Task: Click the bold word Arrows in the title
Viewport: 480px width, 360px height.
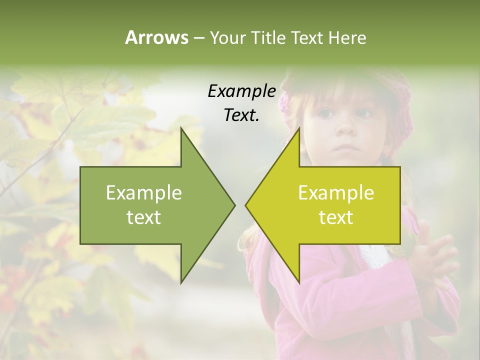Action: (x=156, y=37)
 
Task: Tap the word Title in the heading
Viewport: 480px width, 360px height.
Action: (x=269, y=37)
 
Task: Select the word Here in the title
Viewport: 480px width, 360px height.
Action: (x=347, y=37)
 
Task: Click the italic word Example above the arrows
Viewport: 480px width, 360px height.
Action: (x=242, y=91)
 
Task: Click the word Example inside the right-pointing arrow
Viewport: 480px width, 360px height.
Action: (x=144, y=193)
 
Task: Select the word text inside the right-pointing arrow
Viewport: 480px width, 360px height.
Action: (x=144, y=217)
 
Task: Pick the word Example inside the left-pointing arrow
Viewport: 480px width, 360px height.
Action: (x=336, y=193)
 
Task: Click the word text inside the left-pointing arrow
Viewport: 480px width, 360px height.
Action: (x=336, y=217)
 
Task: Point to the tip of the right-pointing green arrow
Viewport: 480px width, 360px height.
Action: (x=234, y=205)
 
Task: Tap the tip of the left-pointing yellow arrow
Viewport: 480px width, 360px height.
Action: (x=246, y=205)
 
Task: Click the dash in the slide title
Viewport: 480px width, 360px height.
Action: (x=198, y=38)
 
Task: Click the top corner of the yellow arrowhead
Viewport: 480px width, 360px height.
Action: (x=299, y=128)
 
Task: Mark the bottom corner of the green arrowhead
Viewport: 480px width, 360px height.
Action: (x=181, y=282)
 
